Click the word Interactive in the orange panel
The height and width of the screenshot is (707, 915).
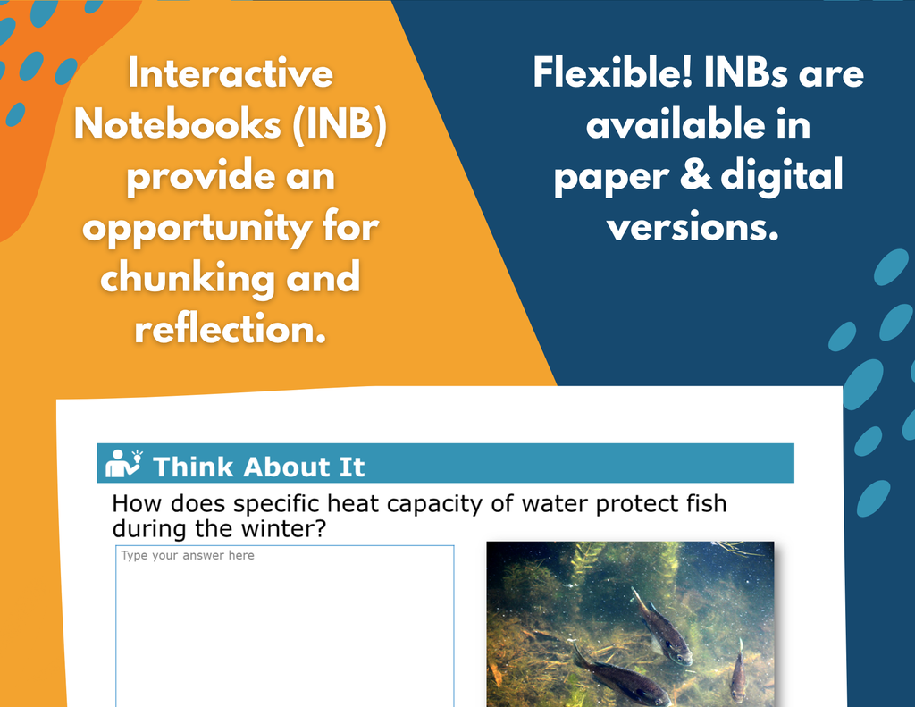click(x=231, y=73)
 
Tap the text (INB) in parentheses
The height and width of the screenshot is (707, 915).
click(x=339, y=124)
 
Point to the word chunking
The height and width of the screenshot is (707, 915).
click(x=187, y=279)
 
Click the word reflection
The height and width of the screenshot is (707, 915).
click(x=230, y=329)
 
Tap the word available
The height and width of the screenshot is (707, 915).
click(x=676, y=124)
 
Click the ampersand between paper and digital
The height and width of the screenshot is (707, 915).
click(x=695, y=175)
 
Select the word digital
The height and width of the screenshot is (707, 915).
click(x=781, y=176)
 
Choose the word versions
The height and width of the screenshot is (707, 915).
click(x=693, y=227)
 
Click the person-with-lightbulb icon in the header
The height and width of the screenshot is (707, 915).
click(x=123, y=464)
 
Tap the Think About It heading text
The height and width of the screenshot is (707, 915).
click(x=258, y=467)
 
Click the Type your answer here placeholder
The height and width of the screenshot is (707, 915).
click(x=188, y=555)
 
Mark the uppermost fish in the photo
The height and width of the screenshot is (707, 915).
click(x=660, y=627)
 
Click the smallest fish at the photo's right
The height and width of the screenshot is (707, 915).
click(x=737, y=670)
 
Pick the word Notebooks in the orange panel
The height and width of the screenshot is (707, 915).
click(x=178, y=124)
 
